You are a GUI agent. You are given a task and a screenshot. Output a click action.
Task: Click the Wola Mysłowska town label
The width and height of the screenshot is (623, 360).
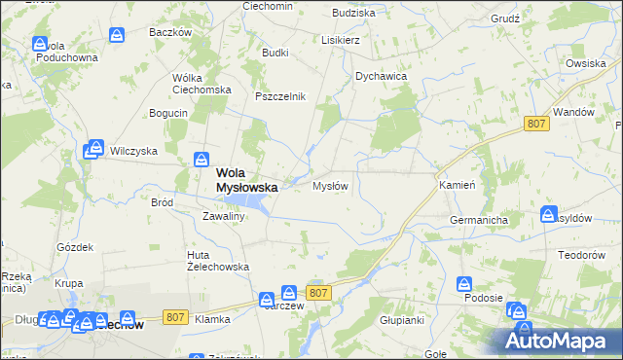point(245,180)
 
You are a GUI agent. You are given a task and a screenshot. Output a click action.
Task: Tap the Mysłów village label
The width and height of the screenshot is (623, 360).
point(330,186)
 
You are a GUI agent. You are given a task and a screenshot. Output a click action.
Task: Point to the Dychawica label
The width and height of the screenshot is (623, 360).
point(381,75)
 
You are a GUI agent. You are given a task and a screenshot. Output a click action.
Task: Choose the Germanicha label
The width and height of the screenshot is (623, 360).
point(479,221)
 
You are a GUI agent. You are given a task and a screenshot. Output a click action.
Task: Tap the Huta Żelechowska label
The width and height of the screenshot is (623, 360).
point(218,261)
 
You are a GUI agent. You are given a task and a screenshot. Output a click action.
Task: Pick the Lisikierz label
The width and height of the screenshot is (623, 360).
point(342,41)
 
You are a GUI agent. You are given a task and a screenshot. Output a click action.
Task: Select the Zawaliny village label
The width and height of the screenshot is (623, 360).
point(222,216)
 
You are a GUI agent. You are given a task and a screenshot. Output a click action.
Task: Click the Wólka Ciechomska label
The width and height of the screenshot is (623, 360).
point(200,84)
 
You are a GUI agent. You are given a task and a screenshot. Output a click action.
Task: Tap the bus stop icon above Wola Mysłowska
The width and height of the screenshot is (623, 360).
point(202,160)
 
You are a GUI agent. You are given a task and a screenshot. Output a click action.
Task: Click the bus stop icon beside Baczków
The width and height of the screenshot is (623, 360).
point(116,36)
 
